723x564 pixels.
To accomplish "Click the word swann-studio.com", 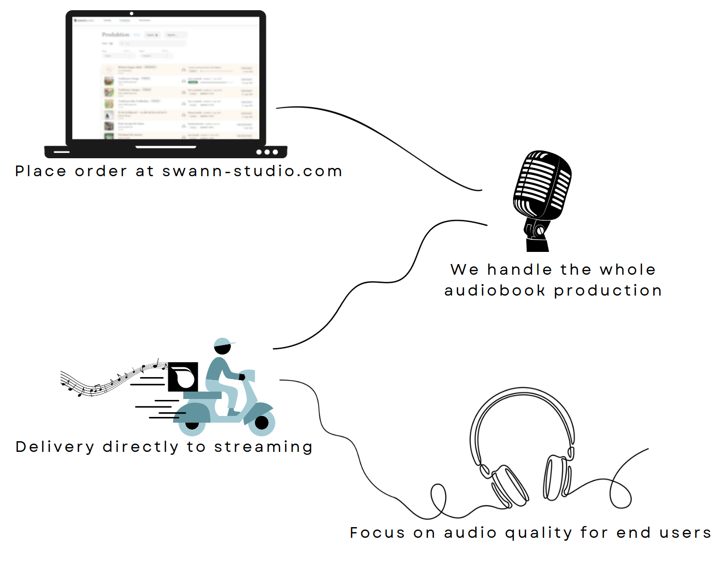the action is point(252,171).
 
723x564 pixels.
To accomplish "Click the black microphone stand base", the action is point(537,244).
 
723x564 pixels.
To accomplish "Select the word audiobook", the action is point(495,291).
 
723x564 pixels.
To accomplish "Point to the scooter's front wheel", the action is point(262,423).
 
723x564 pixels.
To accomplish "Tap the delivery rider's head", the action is point(223,346).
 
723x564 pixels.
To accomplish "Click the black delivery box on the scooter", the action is point(183,377).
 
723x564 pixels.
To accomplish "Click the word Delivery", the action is point(55,447).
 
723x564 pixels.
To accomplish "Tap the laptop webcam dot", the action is point(131,14).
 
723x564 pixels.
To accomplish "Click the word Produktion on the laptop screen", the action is point(115,34).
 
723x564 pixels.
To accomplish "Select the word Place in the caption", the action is point(41,171).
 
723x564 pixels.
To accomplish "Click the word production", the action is point(608,291).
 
